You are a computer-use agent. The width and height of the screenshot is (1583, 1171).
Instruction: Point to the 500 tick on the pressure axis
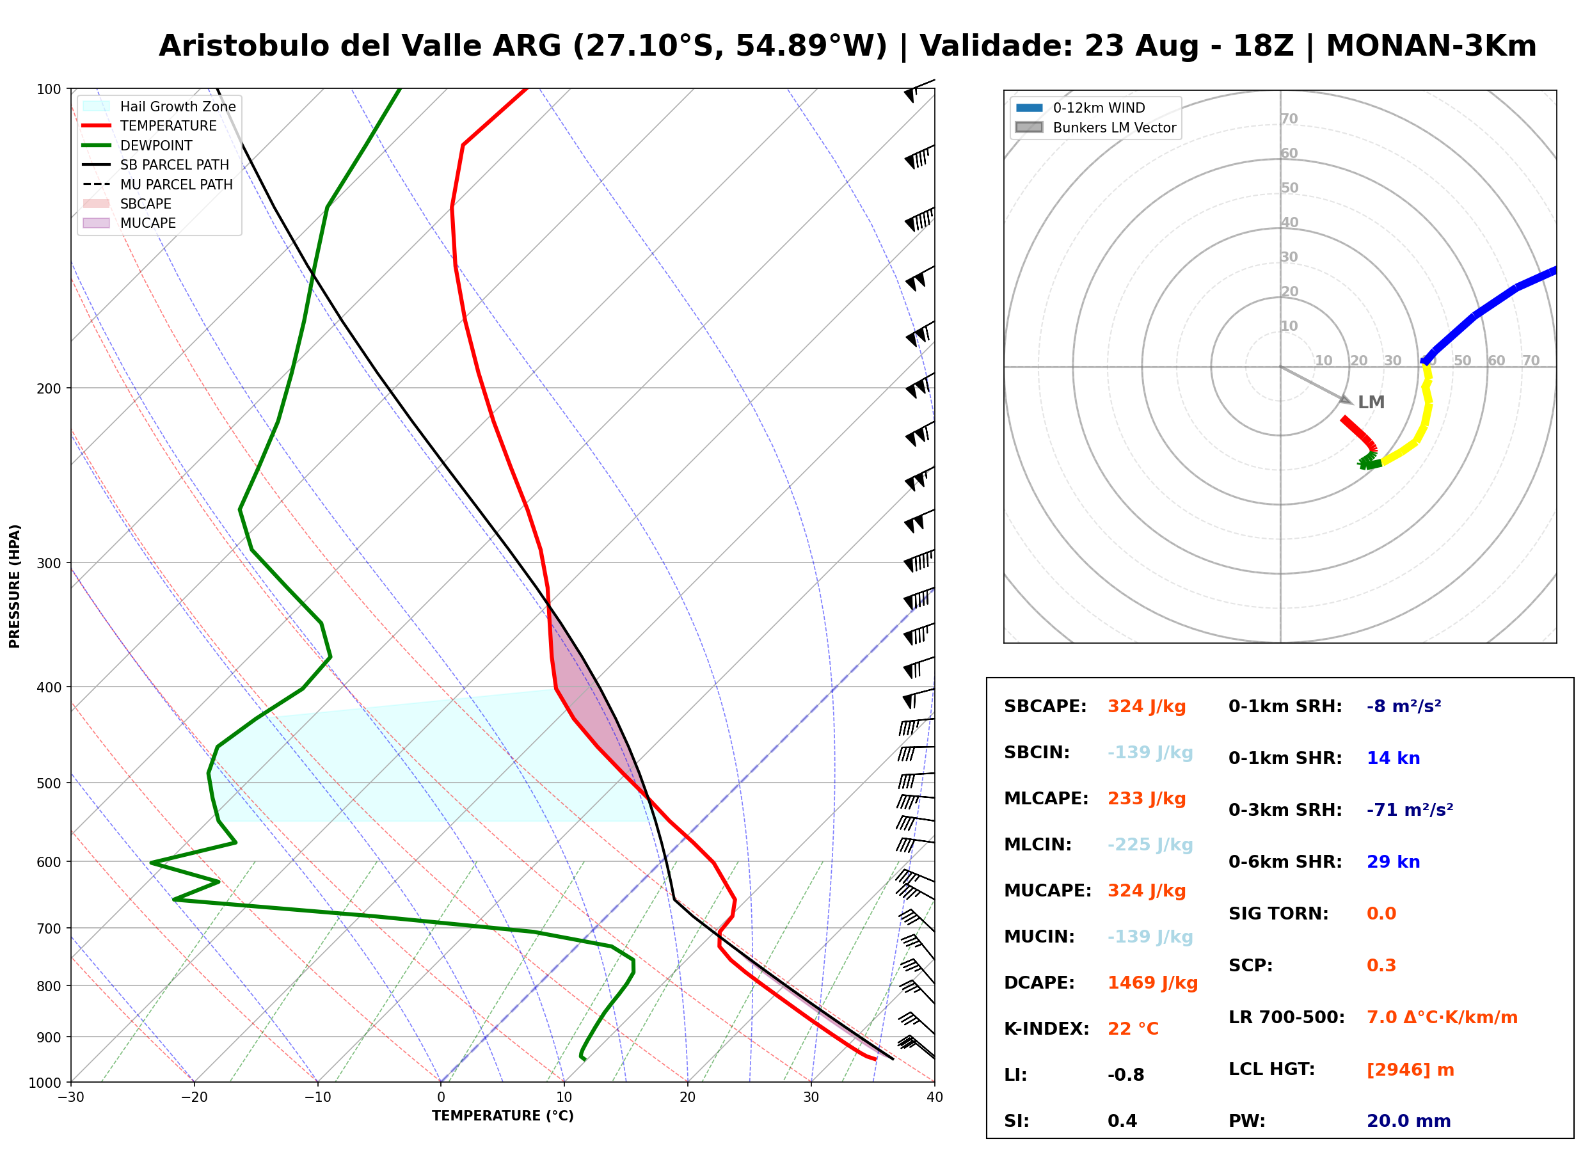[49, 783]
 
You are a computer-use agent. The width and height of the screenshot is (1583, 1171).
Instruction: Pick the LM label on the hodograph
[1371, 402]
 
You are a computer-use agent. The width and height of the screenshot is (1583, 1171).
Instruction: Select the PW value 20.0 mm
[1409, 1120]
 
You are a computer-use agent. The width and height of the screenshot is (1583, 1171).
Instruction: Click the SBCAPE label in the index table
[1045, 706]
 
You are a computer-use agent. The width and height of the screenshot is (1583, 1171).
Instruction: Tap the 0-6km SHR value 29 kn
[1393, 862]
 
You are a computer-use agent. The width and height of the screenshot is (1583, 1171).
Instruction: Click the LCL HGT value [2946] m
[1410, 1070]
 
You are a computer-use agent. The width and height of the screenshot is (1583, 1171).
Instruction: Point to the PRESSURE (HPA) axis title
[15, 586]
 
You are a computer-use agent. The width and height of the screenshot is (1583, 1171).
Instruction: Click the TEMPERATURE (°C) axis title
[503, 1116]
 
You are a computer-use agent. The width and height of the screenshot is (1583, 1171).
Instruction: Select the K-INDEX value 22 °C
[1133, 1028]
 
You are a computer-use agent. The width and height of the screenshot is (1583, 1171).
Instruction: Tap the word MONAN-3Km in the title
[1431, 46]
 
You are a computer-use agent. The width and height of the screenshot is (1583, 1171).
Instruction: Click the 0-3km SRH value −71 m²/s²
[1410, 809]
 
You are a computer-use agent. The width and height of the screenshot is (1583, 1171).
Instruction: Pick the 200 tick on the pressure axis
[49, 388]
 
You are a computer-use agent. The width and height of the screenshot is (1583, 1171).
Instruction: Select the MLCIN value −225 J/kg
[1150, 845]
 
